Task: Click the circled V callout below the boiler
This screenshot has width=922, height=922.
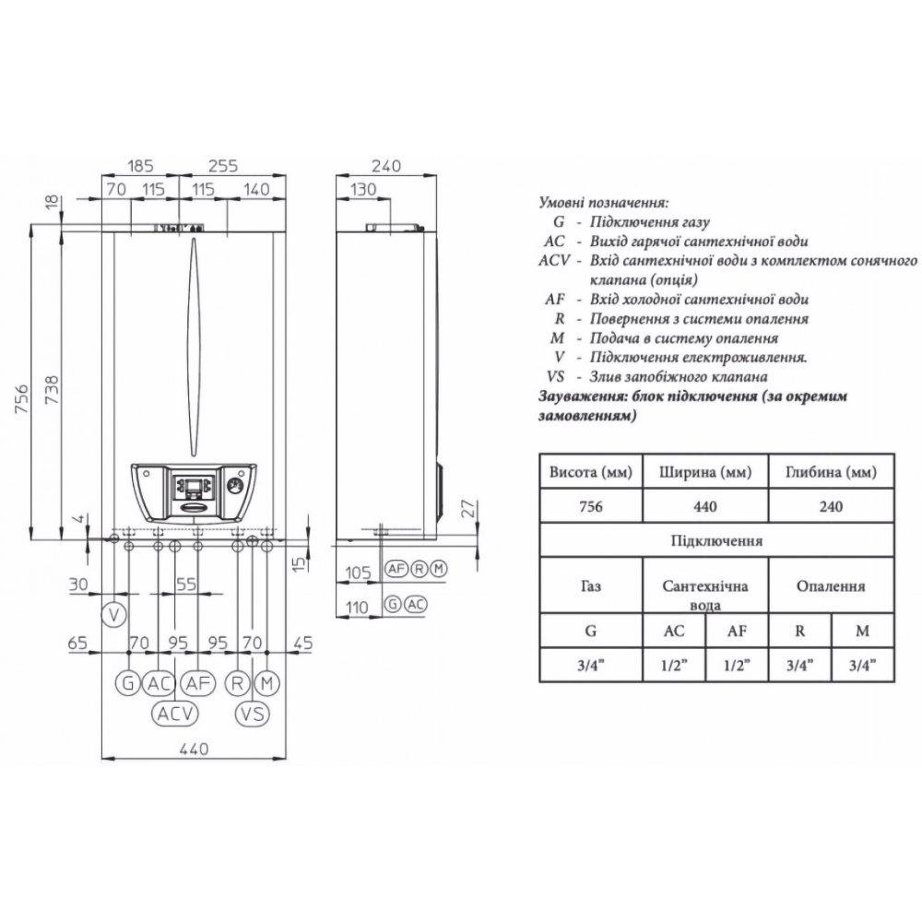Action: tap(114, 615)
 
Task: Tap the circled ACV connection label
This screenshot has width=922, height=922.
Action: tap(175, 714)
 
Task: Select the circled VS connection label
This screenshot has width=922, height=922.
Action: tap(253, 714)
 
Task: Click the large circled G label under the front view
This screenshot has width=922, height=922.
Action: tap(127, 683)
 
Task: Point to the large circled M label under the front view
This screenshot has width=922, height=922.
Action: tap(267, 683)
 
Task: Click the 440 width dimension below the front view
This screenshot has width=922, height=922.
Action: tap(194, 749)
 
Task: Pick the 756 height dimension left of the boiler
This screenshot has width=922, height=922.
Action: tap(20, 398)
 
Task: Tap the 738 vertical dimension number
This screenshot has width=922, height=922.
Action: tap(52, 390)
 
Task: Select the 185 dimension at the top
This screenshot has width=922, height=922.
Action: tap(140, 165)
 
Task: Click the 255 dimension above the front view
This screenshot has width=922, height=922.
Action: tap(223, 165)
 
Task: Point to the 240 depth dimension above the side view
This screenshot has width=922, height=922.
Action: tap(385, 165)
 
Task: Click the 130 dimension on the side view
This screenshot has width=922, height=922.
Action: tap(363, 189)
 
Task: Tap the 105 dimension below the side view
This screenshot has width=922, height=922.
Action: tap(358, 573)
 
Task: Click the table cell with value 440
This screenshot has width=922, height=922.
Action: tap(705, 505)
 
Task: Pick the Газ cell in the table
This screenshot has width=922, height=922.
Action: tap(591, 585)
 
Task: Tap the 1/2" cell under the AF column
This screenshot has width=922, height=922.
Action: tap(737, 665)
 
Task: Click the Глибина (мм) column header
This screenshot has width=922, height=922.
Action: tap(831, 471)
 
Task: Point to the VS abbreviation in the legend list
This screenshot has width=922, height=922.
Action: tap(556, 376)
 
